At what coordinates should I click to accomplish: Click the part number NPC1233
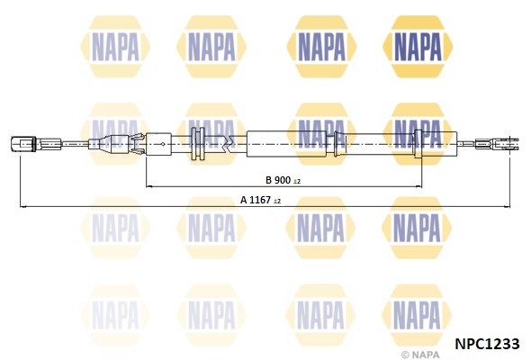(x=487, y=344)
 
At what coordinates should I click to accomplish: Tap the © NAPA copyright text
(x=420, y=355)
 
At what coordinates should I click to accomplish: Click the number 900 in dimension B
(x=282, y=180)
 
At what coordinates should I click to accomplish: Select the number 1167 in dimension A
(x=260, y=200)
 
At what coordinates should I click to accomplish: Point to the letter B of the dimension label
(x=268, y=180)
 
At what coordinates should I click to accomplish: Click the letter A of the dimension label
(x=244, y=200)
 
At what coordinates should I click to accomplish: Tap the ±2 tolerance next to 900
(x=297, y=182)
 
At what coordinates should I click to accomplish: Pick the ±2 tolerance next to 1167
(x=277, y=202)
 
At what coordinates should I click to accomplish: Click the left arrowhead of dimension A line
(x=22, y=206)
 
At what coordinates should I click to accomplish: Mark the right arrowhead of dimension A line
(x=507, y=206)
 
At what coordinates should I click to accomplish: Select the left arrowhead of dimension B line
(x=148, y=186)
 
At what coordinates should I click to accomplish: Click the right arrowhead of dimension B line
(x=418, y=186)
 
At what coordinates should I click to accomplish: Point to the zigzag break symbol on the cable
(x=229, y=144)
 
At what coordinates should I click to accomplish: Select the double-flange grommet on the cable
(x=198, y=144)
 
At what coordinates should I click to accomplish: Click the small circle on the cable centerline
(x=163, y=144)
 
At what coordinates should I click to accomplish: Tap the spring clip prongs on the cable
(x=137, y=144)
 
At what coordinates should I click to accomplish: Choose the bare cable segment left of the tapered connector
(x=75, y=144)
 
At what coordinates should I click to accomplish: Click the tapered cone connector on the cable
(x=109, y=144)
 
